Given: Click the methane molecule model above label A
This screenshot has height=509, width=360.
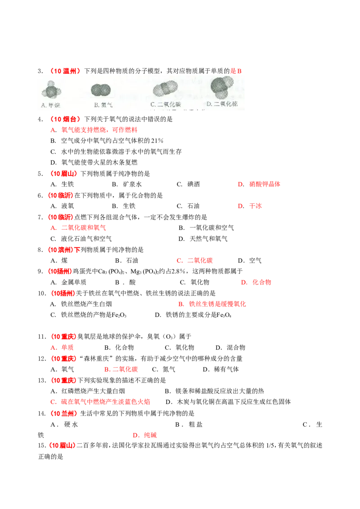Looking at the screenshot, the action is pyautogui.click(x=51, y=91).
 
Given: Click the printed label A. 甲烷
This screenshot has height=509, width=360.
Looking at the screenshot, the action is pyautogui.click(x=51, y=105).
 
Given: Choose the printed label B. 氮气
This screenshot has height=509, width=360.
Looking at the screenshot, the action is pyautogui.click(x=103, y=105).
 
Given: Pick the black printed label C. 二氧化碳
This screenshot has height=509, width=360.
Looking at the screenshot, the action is pyautogui.click(x=166, y=104).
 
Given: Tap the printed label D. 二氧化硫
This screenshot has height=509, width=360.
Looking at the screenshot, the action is pyautogui.click(x=222, y=104).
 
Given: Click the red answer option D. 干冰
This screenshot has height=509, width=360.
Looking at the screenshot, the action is pyautogui.click(x=250, y=206).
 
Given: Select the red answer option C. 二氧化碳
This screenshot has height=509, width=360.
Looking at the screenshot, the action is pyautogui.click(x=195, y=261).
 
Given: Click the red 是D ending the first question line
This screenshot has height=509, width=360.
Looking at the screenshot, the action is pyautogui.click(x=237, y=71).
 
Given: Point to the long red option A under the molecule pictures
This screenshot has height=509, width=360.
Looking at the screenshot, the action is pyautogui.click(x=95, y=130).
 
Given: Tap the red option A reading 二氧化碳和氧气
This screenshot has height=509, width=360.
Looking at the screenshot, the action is pyautogui.click(x=79, y=228).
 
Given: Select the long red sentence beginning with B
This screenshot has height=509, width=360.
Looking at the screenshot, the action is pyautogui.click(x=211, y=304).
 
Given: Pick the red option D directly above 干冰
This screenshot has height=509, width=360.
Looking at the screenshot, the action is pyautogui.click(x=259, y=184).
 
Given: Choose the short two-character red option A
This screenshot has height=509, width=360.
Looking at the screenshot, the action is pyautogui.click(x=63, y=348).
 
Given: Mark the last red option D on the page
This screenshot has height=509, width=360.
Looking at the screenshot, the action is pyautogui.click(x=144, y=435).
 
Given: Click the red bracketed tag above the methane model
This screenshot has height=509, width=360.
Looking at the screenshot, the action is pyautogui.click(x=66, y=71).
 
